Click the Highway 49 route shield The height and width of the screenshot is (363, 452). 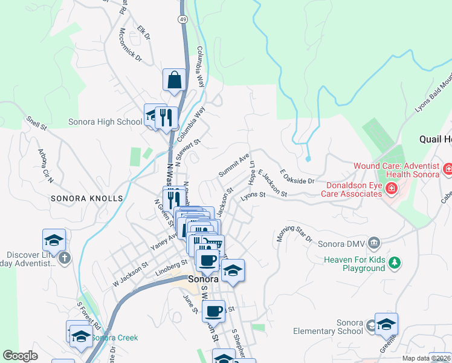point(182,19)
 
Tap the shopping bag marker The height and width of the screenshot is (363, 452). point(173,80)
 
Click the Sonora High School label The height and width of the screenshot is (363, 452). point(105,122)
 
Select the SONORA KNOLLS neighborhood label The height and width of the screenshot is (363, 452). point(86,198)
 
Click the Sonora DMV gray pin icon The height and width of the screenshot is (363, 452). point(374,243)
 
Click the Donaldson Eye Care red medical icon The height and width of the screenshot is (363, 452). point(391,189)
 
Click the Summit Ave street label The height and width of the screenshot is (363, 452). point(234,165)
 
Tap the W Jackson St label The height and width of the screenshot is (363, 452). point(131,275)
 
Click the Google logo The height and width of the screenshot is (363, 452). point(20,356)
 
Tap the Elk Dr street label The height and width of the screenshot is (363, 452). point(143,33)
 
